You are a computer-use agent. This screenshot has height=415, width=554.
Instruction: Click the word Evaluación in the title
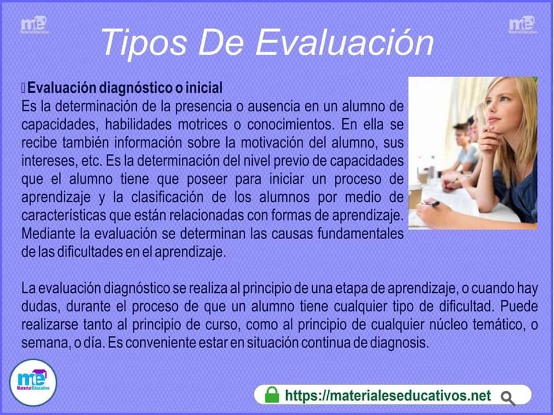click(x=345, y=42)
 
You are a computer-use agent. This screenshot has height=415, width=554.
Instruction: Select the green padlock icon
click(x=272, y=394)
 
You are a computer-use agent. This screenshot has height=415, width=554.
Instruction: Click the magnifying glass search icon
click(x=508, y=398)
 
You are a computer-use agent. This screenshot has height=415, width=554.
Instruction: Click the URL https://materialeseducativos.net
click(x=388, y=395)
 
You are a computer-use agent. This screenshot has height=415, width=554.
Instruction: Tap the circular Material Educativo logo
click(x=33, y=383)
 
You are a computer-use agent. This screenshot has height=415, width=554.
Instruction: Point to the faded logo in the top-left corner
click(x=34, y=25)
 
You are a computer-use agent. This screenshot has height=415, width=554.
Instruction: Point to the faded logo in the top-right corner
click(x=523, y=25)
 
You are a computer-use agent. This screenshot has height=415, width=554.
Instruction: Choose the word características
click(x=63, y=215)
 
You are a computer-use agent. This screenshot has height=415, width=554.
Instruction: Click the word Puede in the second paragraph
click(x=519, y=306)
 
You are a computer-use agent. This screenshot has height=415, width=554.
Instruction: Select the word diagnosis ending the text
click(x=399, y=342)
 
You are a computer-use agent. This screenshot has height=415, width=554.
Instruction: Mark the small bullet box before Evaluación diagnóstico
click(x=23, y=88)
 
